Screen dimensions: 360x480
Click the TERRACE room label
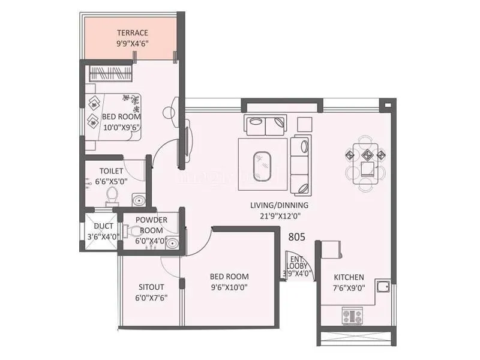[133, 32]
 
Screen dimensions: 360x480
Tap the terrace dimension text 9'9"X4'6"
[133, 43]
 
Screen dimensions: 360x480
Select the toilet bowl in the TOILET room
[111, 194]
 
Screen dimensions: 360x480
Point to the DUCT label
[104, 226]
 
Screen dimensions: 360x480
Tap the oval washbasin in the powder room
[172, 243]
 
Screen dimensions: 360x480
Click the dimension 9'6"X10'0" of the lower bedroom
[229, 287]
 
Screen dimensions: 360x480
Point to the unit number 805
[296, 237]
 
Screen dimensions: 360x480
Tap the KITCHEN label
[349, 277]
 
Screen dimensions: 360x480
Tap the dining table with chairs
[365, 161]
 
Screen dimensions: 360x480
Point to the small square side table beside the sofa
[304, 123]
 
